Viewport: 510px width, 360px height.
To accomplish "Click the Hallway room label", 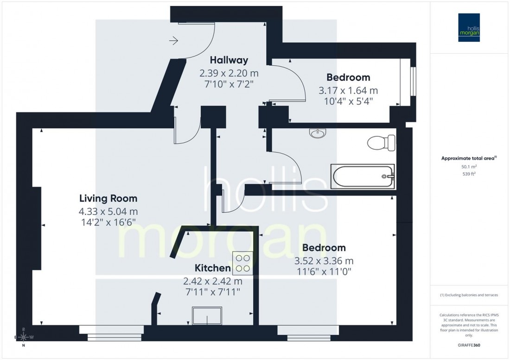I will click(229, 60).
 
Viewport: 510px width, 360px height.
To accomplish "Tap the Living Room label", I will click(108, 199).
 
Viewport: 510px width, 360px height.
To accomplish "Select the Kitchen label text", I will click(212, 268).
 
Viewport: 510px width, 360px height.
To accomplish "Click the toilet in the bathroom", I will click(381, 142).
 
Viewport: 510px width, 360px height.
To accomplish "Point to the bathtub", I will click(363, 176).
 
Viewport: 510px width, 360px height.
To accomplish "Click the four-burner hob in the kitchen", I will click(242, 263).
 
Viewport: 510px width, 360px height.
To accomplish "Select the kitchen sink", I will click(207, 316).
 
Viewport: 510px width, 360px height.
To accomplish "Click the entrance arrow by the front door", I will click(174, 42).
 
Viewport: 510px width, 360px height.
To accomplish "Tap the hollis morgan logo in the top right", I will click(470, 27).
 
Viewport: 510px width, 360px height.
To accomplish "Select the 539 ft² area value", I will click(470, 174).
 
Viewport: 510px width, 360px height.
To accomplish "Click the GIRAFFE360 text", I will click(470, 345).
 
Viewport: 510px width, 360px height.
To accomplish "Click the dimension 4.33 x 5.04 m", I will click(108, 212).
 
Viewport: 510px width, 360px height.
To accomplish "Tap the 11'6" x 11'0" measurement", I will click(322, 272).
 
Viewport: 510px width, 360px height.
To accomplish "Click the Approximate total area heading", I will click(469, 158).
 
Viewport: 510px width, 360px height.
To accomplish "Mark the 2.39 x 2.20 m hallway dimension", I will click(229, 73).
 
